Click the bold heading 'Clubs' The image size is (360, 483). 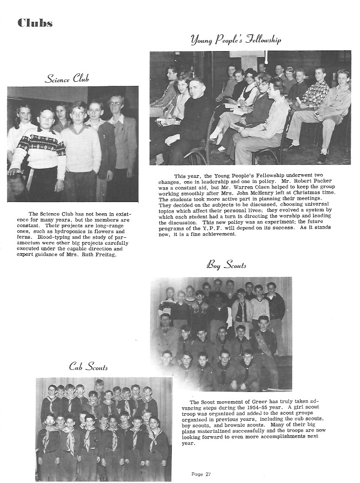click(x=35, y=23)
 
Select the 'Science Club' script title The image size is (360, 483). click(x=66, y=78)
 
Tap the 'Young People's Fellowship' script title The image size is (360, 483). click(x=236, y=40)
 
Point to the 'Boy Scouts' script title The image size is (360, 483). click(x=226, y=265)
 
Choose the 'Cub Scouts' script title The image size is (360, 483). click(x=88, y=367)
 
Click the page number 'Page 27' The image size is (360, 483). click(x=201, y=474)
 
